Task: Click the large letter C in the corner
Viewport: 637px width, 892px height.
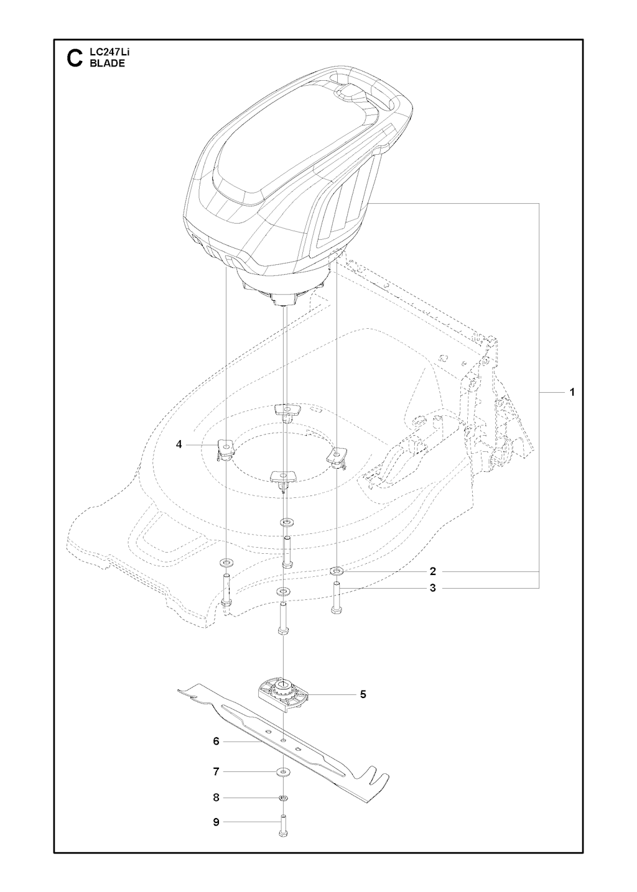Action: (75, 58)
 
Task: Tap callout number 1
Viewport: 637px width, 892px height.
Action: (572, 392)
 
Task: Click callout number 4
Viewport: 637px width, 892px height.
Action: (179, 444)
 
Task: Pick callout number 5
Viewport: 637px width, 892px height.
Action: (363, 694)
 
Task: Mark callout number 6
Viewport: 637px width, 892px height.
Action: (216, 741)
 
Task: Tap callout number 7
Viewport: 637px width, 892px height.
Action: (216, 772)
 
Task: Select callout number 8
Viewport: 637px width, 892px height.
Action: (216, 798)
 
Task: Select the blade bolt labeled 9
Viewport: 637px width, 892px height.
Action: (283, 824)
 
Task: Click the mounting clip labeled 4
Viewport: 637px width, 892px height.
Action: (226, 449)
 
